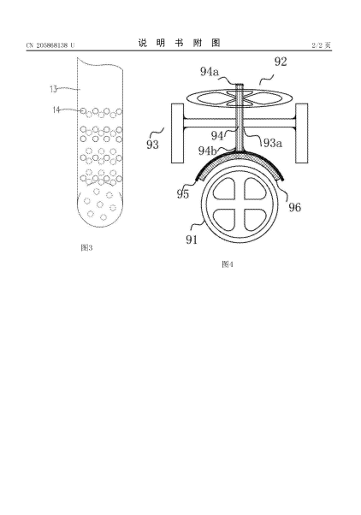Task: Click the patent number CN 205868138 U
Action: [x=50, y=45]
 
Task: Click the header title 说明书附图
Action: [x=179, y=43]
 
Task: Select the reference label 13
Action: [x=54, y=89]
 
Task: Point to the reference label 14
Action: [x=56, y=110]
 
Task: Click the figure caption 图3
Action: [x=86, y=247]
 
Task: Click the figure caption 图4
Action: [x=228, y=264]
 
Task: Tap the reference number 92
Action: [x=281, y=62]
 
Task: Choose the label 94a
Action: [x=210, y=71]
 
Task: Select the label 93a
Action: [x=273, y=143]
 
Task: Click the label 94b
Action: [x=208, y=151]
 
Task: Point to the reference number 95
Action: [x=183, y=194]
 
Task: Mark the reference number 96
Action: [x=294, y=207]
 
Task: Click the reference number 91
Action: [x=192, y=240]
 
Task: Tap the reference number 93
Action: [x=152, y=145]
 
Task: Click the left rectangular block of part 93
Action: [x=178, y=133]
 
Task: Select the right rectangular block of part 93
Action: [x=301, y=133]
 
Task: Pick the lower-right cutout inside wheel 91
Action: [x=255, y=220]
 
